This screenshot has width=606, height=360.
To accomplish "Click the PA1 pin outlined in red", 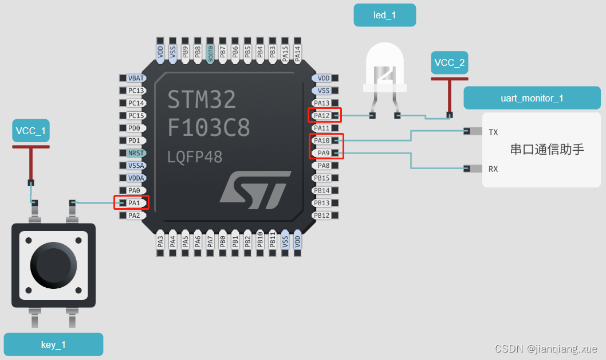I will coord(134,203).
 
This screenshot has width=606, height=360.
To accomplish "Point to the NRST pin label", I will coord(136,153).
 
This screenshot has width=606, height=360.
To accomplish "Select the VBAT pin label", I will coord(136,78).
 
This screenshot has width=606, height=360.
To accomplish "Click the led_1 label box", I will coord(384,15).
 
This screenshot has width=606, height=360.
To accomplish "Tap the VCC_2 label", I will coord(450,62).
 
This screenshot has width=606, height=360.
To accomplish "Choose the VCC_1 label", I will coord(31,131).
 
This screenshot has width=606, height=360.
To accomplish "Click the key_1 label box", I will coord(53,345).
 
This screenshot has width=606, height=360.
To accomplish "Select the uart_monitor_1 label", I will coord(532,98).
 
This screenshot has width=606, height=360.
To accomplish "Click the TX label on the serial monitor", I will coord(493,132).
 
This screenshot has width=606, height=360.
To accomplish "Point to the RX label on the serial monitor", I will coord(493,169).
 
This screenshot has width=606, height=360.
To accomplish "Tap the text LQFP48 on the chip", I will coord(195,156).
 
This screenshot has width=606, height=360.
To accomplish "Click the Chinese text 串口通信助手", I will coord(546,150).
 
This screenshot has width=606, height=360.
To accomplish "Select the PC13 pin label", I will coord(136,91).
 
